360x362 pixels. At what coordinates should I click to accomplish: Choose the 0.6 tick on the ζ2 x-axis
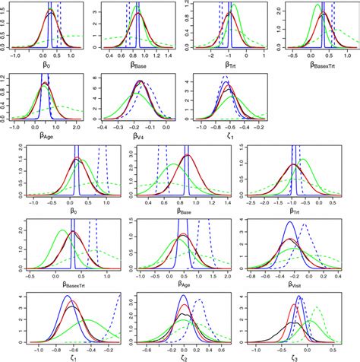[226, 348]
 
